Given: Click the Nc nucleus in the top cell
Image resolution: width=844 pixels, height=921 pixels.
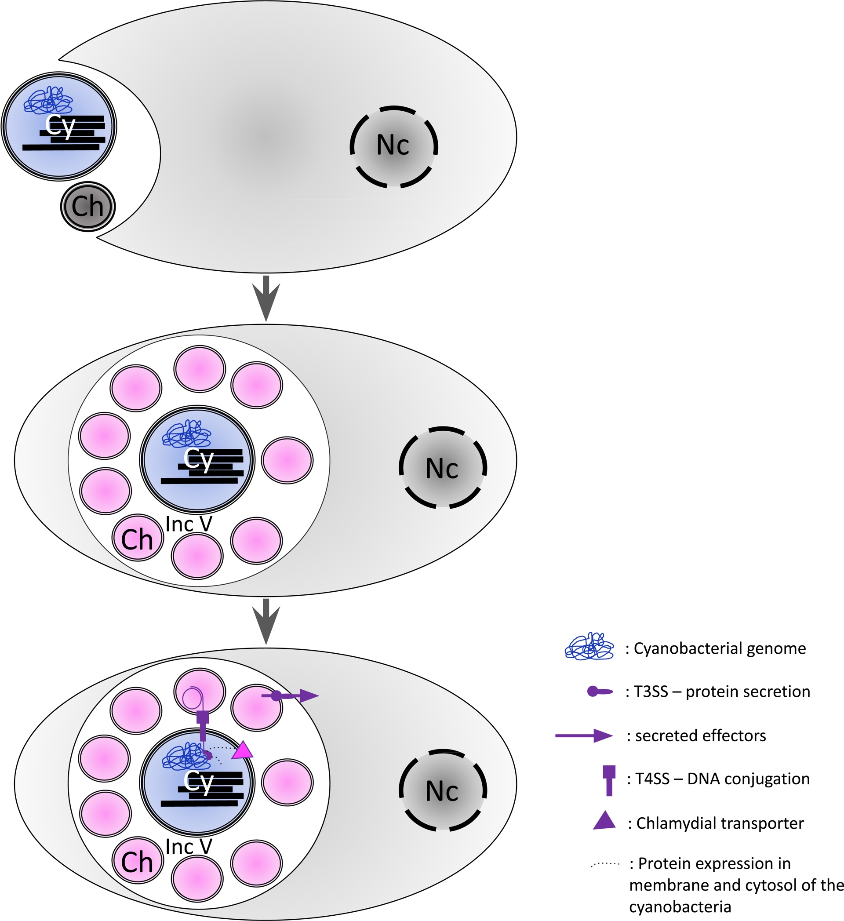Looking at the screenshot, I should click(x=394, y=147).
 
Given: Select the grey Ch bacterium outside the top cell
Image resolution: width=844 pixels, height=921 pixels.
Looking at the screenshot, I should click(x=87, y=207).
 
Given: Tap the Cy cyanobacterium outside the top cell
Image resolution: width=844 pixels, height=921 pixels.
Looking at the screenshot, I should click(x=59, y=126).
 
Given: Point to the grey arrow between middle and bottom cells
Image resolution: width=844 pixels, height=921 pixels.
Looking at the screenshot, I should click(x=266, y=621).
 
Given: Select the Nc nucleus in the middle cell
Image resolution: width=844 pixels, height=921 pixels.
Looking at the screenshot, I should click(x=443, y=468).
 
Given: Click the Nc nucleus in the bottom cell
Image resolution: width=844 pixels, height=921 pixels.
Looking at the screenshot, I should click(x=443, y=790).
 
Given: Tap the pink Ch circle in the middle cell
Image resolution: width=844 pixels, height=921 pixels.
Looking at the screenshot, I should click(x=138, y=538).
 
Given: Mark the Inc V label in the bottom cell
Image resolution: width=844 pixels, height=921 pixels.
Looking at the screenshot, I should click(x=189, y=847).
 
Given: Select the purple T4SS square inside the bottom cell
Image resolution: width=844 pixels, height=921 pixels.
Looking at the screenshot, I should click(x=203, y=717).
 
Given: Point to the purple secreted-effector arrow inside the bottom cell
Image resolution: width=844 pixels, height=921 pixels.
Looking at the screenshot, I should click(x=297, y=696).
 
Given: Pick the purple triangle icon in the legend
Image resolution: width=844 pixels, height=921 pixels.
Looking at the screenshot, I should click(x=604, y=820).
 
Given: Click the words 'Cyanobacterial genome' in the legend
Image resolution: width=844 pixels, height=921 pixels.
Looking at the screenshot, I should click(x=720, y=648).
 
